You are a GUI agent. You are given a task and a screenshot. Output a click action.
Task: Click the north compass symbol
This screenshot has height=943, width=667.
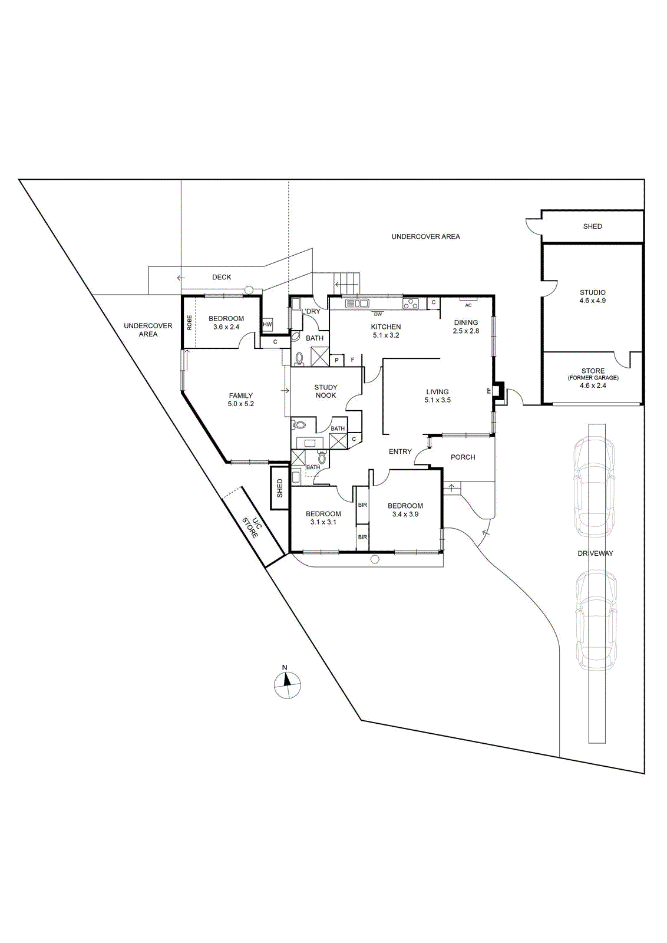(288, 684)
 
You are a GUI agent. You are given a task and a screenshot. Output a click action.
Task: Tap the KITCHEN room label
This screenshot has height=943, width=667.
(386, 327)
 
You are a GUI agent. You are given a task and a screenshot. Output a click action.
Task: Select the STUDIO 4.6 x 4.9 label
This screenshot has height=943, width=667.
(593, 296)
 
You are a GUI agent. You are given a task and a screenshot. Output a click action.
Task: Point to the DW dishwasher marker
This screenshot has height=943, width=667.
(378, 314)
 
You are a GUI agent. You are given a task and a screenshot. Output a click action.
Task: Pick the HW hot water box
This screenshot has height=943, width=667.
(268, 324)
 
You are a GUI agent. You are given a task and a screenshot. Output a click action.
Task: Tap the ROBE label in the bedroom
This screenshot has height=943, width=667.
(189, 322)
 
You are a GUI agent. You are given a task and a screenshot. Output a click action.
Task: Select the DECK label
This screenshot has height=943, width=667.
(222, 277)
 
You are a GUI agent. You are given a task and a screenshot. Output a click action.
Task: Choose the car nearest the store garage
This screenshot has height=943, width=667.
(595, 486)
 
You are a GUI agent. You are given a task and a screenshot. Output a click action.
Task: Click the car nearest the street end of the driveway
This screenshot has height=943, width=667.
(596, 619)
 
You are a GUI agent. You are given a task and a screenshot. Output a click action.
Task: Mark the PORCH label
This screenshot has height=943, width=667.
(463, 457)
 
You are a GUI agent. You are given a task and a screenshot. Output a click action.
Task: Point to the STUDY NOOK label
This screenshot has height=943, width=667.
(326, 391)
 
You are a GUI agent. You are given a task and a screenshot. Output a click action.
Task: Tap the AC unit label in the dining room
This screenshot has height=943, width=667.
(468, 305)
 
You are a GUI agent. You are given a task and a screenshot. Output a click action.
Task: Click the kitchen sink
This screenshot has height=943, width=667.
(357, 304)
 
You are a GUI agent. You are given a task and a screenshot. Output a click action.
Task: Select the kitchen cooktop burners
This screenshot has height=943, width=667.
(411, 304)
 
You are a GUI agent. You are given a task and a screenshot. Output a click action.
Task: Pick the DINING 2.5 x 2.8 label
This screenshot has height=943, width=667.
(466, 327)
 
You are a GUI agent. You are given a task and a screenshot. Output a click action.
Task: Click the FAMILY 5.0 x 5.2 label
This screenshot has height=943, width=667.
(241, 400)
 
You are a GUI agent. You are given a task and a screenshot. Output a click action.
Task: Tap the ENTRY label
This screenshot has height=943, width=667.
(400, 451)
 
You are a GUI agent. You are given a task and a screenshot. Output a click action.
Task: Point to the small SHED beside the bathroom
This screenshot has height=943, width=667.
(280, 488)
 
